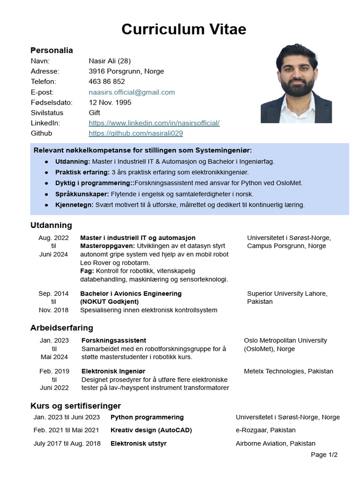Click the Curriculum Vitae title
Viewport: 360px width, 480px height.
click(x=183, y=29)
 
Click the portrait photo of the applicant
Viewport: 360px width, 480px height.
click(x=296, y=84)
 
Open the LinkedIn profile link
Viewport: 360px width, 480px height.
click(x=154, y=123)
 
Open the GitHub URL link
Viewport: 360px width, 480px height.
click(x=135, y=133)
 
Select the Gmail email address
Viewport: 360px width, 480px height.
click(x=132, y=92)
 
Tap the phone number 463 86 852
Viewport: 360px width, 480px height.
click(x=107, y=82)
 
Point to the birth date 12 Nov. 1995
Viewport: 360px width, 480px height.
click(x=110, y=102)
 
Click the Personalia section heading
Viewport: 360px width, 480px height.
click(x=52, y=50)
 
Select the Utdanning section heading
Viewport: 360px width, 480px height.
click(x=51, y=225)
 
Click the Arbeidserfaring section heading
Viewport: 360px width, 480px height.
click(x=61, y=328)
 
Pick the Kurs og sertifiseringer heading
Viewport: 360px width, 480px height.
click(x=75, y=405)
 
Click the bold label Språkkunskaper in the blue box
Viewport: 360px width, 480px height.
click(x=82, y=194)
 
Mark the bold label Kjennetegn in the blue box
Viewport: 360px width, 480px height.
click(x=74, y=205)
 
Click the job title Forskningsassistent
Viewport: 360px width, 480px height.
click(x=113, y=340)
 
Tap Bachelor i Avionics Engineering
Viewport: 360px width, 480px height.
click(x=131, y=293)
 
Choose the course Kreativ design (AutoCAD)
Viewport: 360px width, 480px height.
click(x=151, y=430)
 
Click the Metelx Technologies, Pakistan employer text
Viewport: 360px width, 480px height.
click(x=288, y=371)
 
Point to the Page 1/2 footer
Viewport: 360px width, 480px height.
click(x=324, y=454)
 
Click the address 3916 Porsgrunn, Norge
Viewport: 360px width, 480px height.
click(x=126, y=71)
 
